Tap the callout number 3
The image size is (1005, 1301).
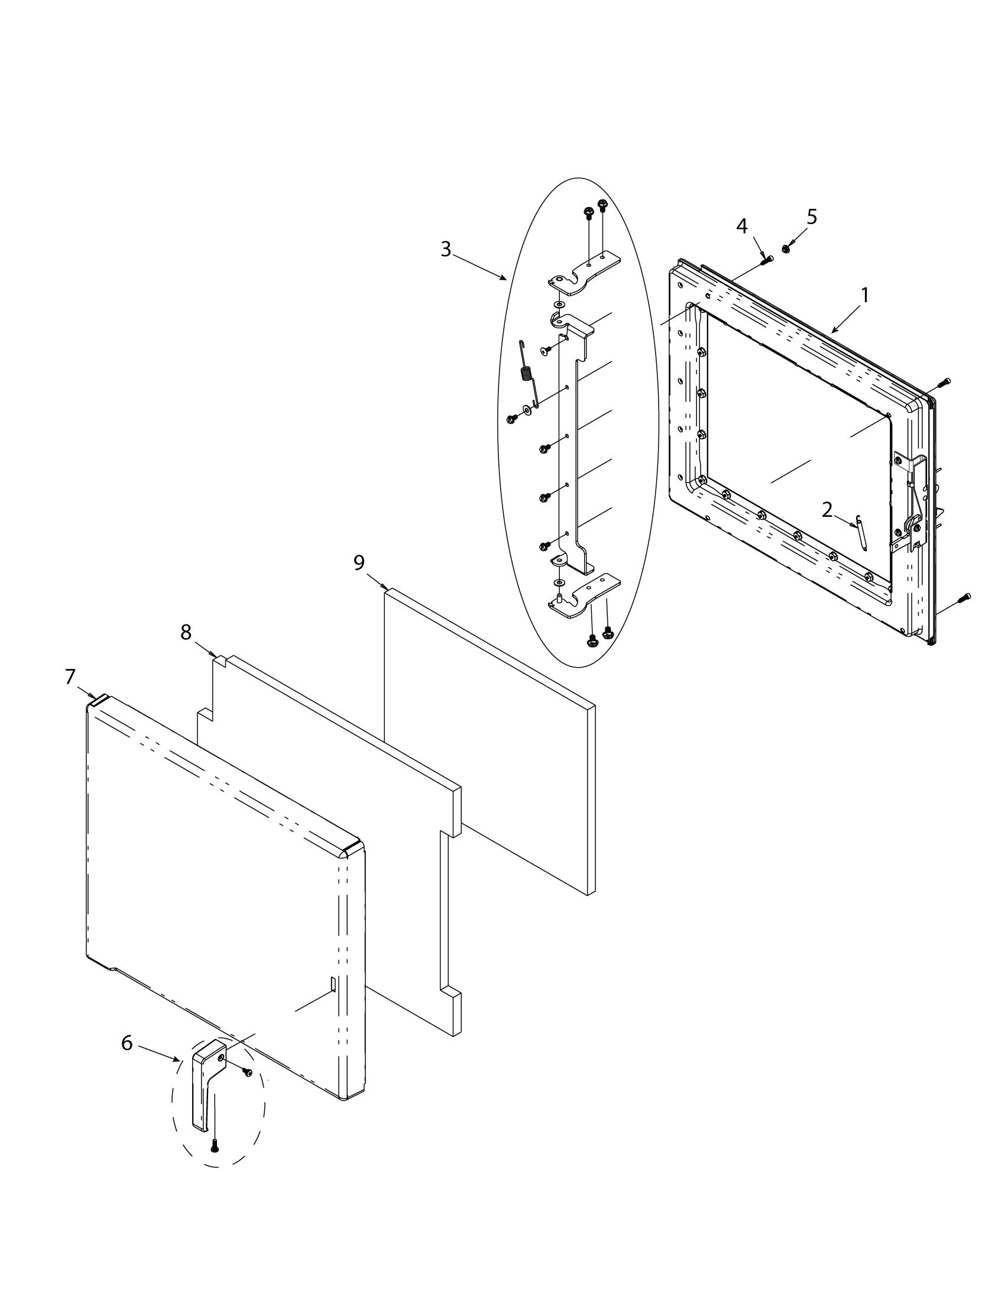click(446, 249)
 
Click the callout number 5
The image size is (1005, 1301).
click(812, 217)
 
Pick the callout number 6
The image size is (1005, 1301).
click(127, 1043)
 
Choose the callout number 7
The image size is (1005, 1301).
click(70, 677)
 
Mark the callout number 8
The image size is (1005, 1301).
click(186, 632)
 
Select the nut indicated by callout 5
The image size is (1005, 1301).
click(786, 246)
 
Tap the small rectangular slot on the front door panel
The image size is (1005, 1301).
click(333, 984)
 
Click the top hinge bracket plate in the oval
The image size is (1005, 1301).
click(584, 271)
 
